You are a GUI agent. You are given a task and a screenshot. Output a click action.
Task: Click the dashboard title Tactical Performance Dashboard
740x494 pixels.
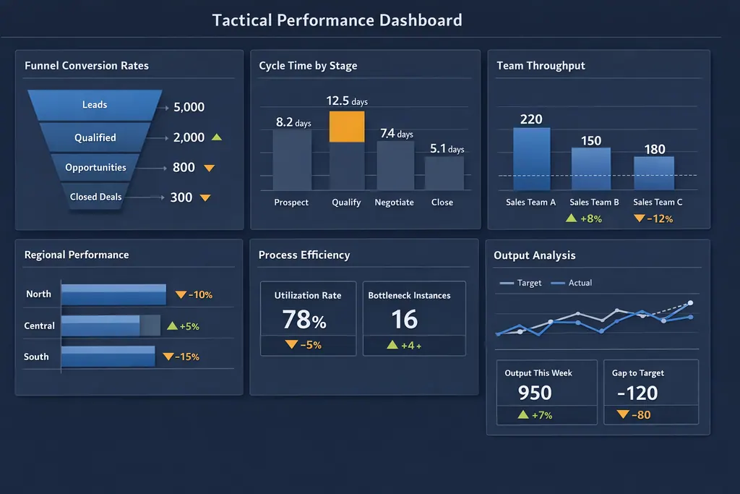pyautogui.click(x=337, y=20)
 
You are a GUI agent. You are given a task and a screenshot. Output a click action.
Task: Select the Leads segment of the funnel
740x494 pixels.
pyautogui.click(x=95, y=105)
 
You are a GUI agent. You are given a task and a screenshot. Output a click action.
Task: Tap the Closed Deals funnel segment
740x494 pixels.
pyautogui.click(x=96, y=197)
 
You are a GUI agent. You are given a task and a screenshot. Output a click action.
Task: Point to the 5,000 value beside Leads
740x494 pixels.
pyautogui.click(x=189, y=107)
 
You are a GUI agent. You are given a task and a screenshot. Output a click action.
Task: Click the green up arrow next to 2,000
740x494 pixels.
pyautogui.click(x=218, y=137)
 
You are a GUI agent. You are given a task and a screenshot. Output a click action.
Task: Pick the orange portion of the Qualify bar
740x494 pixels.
pyautogui.click(x=347, y=127)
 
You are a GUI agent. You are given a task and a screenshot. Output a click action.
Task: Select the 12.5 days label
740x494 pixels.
pyautogui.click(x=347, y=101)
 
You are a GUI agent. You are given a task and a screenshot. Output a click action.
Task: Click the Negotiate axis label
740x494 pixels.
pyautogui.click(x=394, y=203)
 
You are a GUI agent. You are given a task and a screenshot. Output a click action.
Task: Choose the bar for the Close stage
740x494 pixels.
pyautogui.click(x=444, y=173)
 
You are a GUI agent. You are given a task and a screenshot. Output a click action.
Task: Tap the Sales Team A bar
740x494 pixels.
pyautogui.click(x=531, y=159)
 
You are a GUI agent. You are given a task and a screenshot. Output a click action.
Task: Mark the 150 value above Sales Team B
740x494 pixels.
pyautogui.click(x=591, y=140)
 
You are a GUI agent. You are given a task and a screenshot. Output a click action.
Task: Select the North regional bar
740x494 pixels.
pyautogui.click(x=113, y=294)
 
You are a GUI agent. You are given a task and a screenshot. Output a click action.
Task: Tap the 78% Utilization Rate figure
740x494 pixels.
pyautogui.click(x=304, y=319)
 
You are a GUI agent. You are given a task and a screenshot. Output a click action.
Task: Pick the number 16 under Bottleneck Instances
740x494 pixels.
pyautogui.click(x=405, y=319)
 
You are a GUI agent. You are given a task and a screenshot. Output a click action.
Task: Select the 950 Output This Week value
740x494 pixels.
pyautogui.click(x=535, y=393)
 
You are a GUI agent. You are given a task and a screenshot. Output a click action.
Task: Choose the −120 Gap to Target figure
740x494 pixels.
pyautogui.click(x=637, y=393)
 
